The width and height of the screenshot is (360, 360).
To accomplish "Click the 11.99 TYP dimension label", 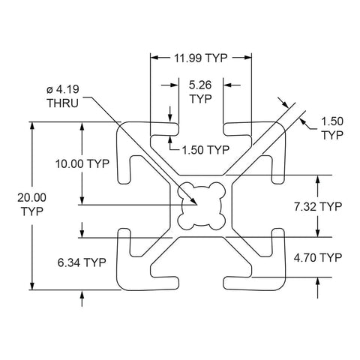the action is coord(201,58).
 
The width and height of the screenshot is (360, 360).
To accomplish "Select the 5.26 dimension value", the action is coord(200,85).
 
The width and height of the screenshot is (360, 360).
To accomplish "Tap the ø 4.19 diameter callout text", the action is coord(63,89).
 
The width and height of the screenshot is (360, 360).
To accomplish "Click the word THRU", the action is coord(63,103).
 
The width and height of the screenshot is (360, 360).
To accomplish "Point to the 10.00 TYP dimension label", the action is coord(82,164).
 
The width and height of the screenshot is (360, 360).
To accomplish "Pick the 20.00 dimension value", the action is coord(31,198).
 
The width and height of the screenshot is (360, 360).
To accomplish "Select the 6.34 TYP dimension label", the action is coord(82,262).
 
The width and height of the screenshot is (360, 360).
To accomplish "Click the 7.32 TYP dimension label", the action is coord(317,207).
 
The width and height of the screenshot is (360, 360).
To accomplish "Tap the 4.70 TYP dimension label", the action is coord(317,257).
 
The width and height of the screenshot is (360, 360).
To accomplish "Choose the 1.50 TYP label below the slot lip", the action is coord(205,150).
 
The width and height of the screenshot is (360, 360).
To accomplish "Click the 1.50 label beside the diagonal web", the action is coord(332,121).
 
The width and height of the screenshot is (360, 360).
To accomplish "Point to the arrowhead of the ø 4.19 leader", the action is coord(193,201).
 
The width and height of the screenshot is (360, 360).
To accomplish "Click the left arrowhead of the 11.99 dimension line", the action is coord(154,58).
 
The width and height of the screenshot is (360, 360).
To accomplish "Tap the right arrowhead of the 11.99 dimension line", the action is coord(247,58).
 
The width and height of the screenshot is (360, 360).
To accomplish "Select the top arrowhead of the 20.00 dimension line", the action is coord(31,126).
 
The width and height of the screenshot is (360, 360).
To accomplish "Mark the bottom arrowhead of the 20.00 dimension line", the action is coord(31,286).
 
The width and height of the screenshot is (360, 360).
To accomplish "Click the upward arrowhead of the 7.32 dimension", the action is coord(317,179).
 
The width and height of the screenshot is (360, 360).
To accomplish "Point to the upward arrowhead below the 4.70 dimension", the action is coord(317,281).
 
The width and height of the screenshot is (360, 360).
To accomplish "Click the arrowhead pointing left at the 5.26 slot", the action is coord(227,85).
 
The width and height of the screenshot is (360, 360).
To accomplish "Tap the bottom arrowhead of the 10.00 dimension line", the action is coord(82,200).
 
